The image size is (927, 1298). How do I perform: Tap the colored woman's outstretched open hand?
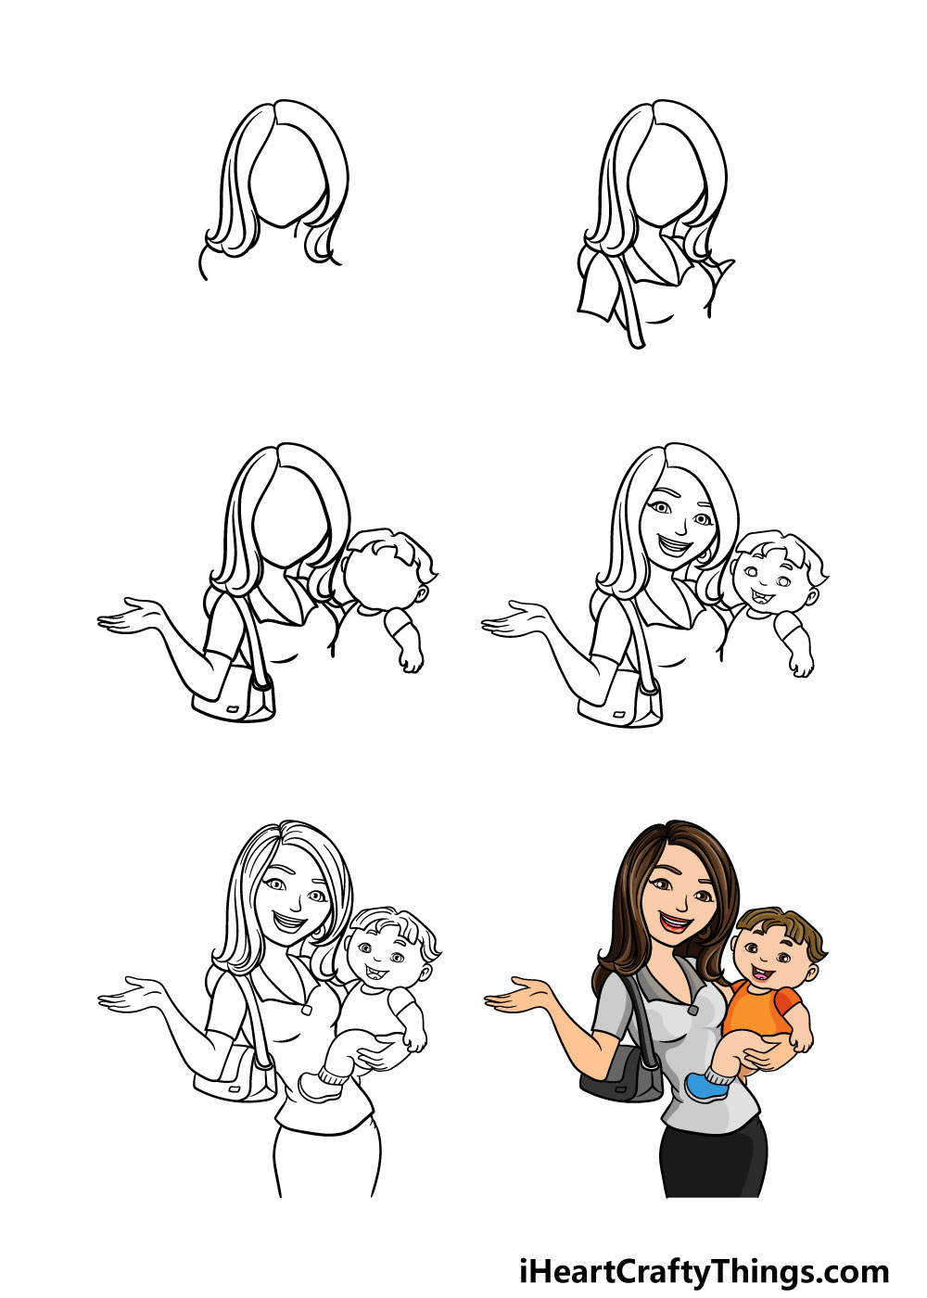517,996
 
